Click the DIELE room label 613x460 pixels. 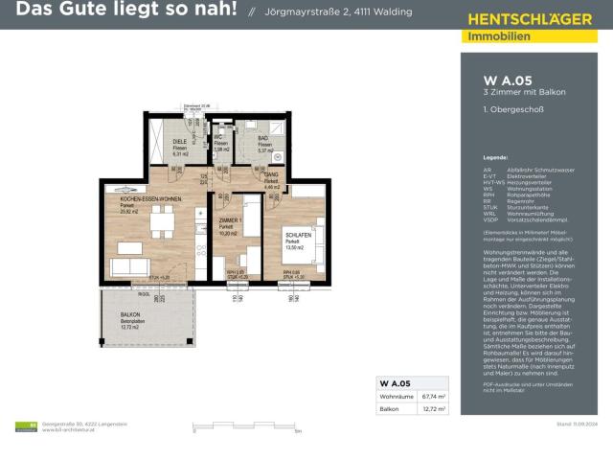179,142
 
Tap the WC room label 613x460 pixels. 219,137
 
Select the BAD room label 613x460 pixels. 262,137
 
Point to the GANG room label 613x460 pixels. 271,175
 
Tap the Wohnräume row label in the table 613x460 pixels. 396,395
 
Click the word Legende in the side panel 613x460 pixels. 495,154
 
